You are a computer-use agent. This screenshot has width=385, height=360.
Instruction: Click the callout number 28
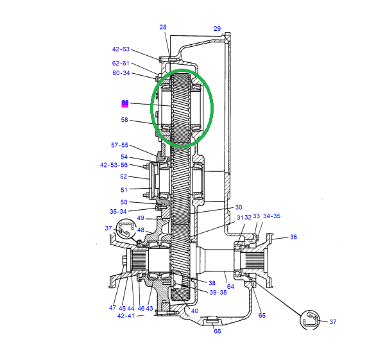point(163,27)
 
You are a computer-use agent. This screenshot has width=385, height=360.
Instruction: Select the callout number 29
point(217,29)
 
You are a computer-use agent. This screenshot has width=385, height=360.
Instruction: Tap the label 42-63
point(121,49)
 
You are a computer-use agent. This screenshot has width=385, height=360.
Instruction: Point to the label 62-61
point(121,64)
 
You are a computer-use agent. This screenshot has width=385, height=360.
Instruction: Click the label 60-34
point(121,73)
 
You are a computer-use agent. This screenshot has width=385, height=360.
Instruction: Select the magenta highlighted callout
point(125,103)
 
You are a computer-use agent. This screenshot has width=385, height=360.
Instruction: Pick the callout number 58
point(124,120)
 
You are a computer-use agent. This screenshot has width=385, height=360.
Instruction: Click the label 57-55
point(120,146)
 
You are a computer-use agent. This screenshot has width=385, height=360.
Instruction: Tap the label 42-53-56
point(114,165)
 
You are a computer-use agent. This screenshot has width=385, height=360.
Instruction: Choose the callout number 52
point(124,177)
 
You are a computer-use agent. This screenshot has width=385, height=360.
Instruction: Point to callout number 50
point(124,202)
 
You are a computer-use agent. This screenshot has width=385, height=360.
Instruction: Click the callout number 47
point(112,308)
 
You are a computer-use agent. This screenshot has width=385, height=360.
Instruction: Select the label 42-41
point(126,316)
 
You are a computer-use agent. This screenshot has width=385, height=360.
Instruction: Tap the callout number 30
point(238,207)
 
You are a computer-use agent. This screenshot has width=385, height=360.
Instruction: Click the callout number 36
point(293,237)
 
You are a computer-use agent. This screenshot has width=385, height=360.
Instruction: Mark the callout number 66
point(218,331)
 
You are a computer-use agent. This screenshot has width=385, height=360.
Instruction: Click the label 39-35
point(218,293)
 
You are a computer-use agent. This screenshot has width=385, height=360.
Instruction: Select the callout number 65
point(262,315)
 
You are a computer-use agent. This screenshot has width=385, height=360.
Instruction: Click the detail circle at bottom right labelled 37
point(311,320)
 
